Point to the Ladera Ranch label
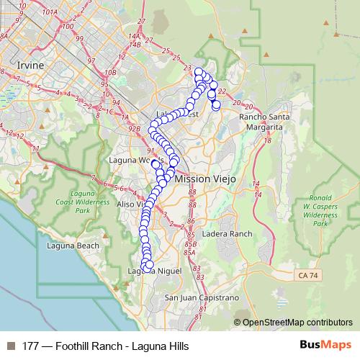pos(228,234)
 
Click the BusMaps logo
pos(330,346)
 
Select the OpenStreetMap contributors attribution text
pos(297,323)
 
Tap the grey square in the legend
pos(10,346)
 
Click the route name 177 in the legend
pos(30,346)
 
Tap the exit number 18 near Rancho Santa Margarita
pos(268,140)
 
